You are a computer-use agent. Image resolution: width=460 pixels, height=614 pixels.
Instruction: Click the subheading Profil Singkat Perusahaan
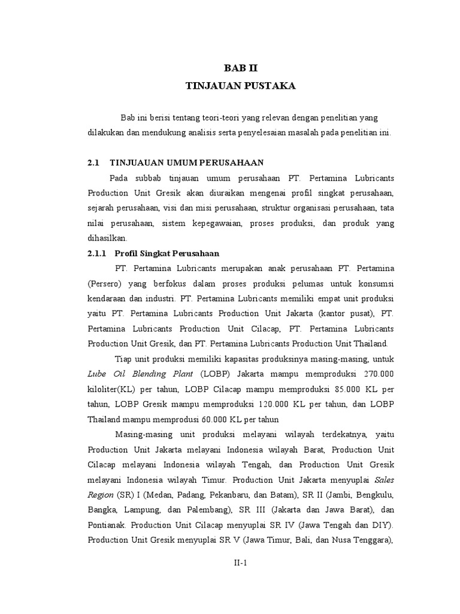(x=167, y=253)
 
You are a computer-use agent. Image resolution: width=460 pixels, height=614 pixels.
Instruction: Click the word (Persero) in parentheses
(x=106, y=283)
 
